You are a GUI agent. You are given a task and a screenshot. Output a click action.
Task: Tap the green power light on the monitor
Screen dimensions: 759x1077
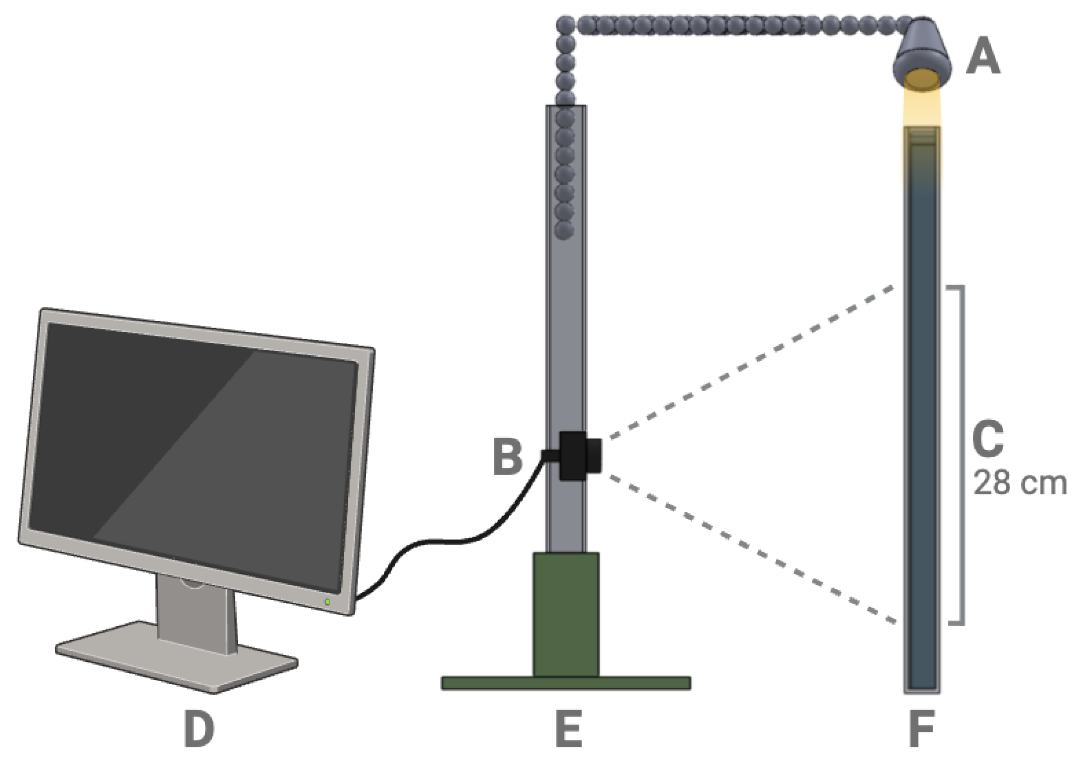click(x=327, y=601)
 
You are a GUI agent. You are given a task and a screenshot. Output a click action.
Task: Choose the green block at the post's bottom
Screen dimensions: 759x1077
click(x=565, y=614)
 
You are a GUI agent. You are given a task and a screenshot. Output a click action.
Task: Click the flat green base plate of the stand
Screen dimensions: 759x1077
click(x=565, y=683)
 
